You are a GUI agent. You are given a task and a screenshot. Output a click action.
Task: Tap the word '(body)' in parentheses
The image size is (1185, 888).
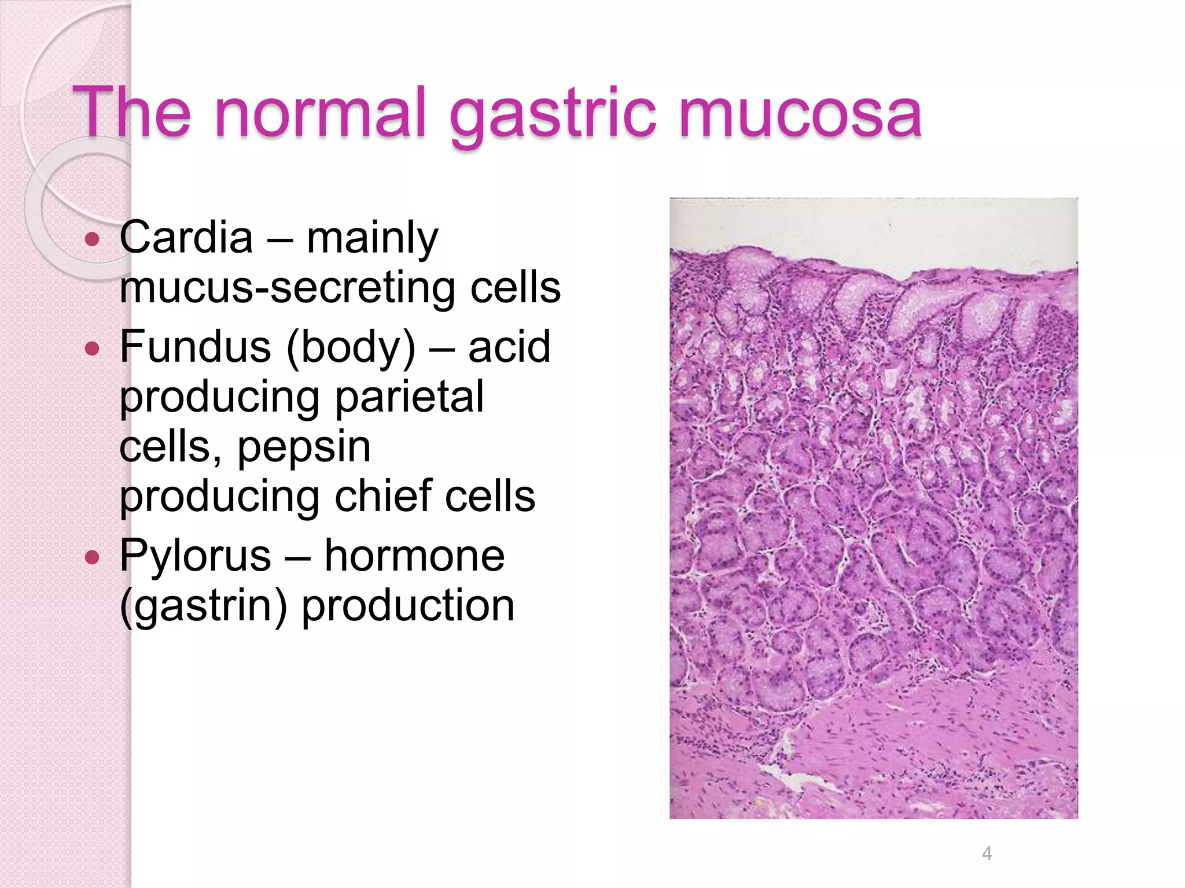tap(351, 348)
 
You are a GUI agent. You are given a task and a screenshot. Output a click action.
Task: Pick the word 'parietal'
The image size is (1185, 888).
tap(409, 397)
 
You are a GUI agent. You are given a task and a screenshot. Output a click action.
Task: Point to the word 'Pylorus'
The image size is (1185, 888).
tap(195, 556)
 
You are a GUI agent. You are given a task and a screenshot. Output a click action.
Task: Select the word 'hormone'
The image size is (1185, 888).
tap(414, 555)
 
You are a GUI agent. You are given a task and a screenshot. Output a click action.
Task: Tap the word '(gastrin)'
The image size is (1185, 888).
tap(203, 606)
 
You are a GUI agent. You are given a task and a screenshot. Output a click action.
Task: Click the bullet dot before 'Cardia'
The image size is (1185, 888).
tap(92, 239)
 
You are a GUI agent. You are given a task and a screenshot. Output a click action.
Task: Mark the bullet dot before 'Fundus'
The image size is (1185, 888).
tap(92, 348)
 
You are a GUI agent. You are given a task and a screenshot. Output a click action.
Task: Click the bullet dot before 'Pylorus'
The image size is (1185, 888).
tap(92, 557)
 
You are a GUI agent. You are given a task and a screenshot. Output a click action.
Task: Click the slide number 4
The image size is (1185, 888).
tap(987, 853)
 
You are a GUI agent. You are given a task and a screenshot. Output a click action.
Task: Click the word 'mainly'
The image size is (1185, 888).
tap(372, 238)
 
